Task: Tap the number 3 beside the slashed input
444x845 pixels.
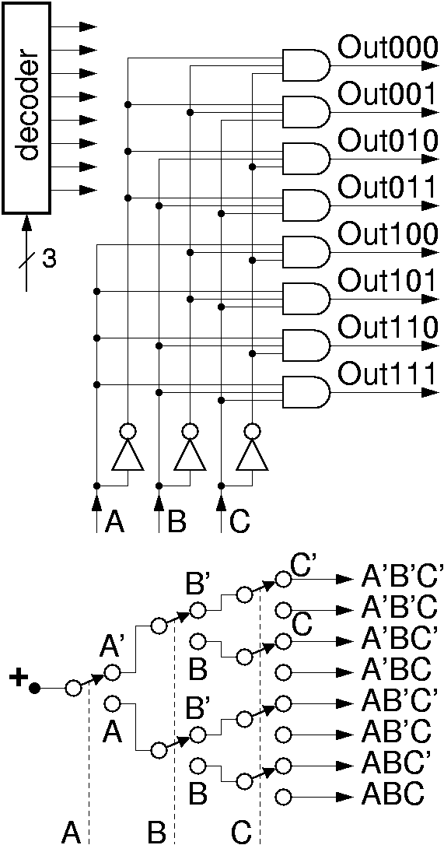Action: pyautogui.click(x=48, y=259)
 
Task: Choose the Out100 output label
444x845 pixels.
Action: pyautogui.click(x=388, y=233)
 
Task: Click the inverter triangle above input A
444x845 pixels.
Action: pyautogui.click(x=128, y=457)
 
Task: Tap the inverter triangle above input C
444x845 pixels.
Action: pyautogui.click(x=252, y=457)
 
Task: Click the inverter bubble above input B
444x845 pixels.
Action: pyautogui.click(x=190, y=431)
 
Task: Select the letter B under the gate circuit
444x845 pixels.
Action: pyautogui.click(x=176, y=521)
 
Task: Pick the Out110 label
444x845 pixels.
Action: pyautogui.click(x=388, y=327)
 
